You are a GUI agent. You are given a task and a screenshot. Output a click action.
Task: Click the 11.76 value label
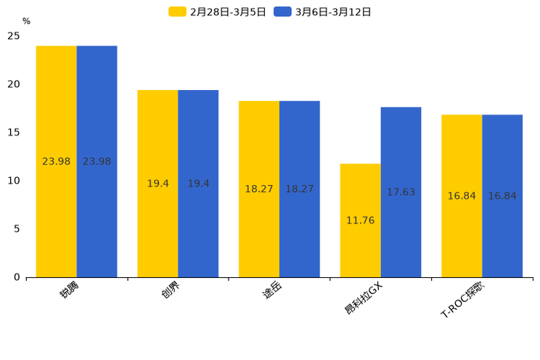pos(360,221)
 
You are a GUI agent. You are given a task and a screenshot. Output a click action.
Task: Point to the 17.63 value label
pos(401,192)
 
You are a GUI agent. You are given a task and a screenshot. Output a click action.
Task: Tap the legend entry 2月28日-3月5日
pos(217,12)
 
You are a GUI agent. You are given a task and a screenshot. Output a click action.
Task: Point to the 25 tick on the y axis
pos(14,36)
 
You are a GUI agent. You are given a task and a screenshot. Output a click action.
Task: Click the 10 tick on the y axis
pos(14,181)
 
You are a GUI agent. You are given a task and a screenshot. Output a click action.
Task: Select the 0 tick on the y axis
pos(17,277)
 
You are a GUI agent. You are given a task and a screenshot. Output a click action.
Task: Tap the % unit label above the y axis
pos(26,22)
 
